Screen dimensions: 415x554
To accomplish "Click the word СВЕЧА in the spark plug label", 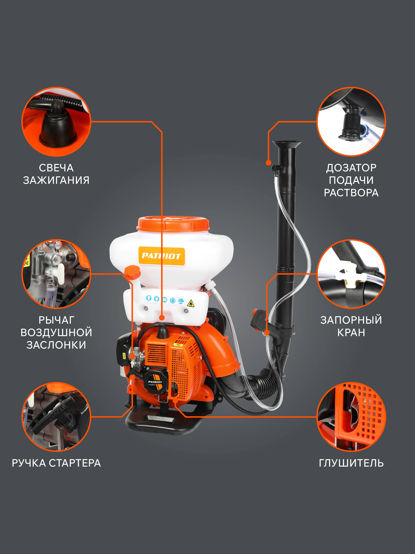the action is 56,168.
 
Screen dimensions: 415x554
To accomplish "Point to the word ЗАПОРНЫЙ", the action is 351,320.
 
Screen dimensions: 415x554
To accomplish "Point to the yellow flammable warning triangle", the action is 191,303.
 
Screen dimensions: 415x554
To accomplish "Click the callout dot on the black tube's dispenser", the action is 268,163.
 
